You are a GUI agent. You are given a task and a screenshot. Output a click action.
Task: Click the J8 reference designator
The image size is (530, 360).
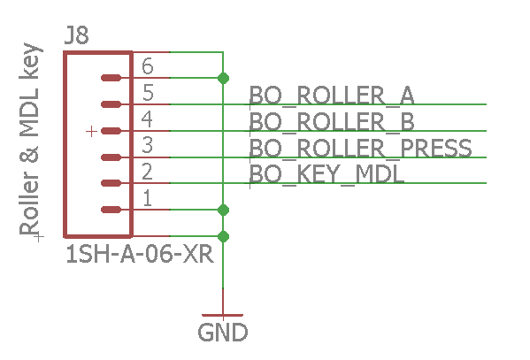coord(77,36)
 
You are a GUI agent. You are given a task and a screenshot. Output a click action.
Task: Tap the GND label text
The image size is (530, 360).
coord(222,333)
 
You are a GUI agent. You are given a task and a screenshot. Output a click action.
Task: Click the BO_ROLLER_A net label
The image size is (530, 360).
coord(332,95)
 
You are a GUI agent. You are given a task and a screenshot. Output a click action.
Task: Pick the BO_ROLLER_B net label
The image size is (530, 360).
coord(332,121)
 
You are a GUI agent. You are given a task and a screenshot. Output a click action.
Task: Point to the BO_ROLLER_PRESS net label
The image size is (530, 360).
coord(360,148)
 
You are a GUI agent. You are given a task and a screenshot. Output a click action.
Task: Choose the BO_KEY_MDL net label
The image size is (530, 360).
coord(326,174)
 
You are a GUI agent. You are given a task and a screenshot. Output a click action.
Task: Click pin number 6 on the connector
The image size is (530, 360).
coord(147,66)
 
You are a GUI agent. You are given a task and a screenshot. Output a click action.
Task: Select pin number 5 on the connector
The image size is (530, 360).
coord(147,93)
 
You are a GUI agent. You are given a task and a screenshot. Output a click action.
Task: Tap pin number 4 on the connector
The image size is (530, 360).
coord(147,119)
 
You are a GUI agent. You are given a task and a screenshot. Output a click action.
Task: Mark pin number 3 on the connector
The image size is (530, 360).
coord(147,145)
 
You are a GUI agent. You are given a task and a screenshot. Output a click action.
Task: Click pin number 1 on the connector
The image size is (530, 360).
coord(147,198)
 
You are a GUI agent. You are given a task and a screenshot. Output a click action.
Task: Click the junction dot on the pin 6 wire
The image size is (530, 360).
coord(223,78)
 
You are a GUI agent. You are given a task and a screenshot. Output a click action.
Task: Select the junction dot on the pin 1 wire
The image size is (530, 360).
coord(223,210)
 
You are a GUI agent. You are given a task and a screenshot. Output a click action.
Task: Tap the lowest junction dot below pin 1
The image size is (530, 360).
coord(223,236)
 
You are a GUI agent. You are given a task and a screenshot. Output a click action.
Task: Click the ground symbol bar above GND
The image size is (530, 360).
coord(223,315)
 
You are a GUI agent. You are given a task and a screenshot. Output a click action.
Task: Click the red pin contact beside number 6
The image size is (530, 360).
coord(111,78)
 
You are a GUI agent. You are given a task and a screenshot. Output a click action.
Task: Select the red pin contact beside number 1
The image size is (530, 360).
coord(111,210)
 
